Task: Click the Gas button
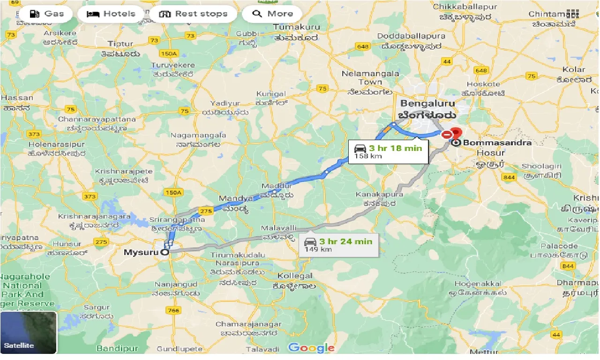46,14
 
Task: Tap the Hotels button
111,14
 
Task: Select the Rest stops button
193,14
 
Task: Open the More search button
272,14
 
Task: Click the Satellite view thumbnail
28,332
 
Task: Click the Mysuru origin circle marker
165,253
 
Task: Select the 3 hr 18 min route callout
388,151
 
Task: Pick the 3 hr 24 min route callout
338,245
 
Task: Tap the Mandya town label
236,198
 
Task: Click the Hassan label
17,98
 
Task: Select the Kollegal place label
295,276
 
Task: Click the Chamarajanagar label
248,324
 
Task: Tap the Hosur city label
490,153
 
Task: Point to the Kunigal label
270,94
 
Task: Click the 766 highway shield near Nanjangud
173,310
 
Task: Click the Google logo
311,348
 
